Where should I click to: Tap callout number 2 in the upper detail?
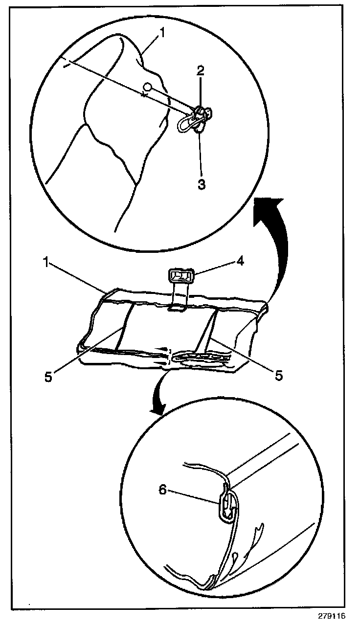point(200,70)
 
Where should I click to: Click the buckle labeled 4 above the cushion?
point(181,276)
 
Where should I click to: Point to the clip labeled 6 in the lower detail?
point(225,506)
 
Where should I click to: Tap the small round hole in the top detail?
point(146,87)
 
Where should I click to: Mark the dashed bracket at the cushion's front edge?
point(169,356)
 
